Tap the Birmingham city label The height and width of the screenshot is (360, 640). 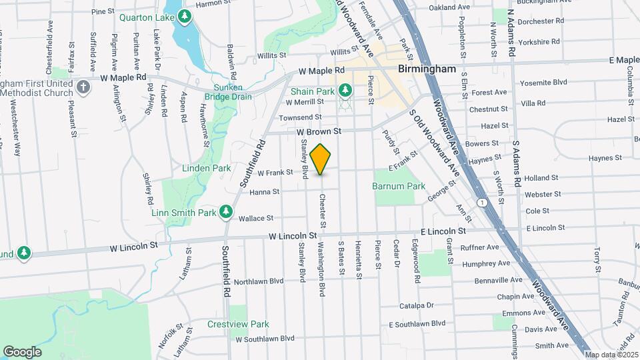pos(427,69)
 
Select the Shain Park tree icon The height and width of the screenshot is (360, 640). pos(345,89)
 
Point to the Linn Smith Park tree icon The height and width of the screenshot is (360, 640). pos(226,211)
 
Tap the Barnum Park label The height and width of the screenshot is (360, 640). pos(399,186)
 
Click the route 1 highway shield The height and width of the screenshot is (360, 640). pos(481,201)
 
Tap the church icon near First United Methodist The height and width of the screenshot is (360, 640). pos(83,87)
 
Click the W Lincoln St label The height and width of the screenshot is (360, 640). pos(293,236)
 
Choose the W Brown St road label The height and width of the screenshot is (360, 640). pos(319,131)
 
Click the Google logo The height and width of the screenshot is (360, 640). pos(22,351)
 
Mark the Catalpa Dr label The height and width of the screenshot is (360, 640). pos(417,305)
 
